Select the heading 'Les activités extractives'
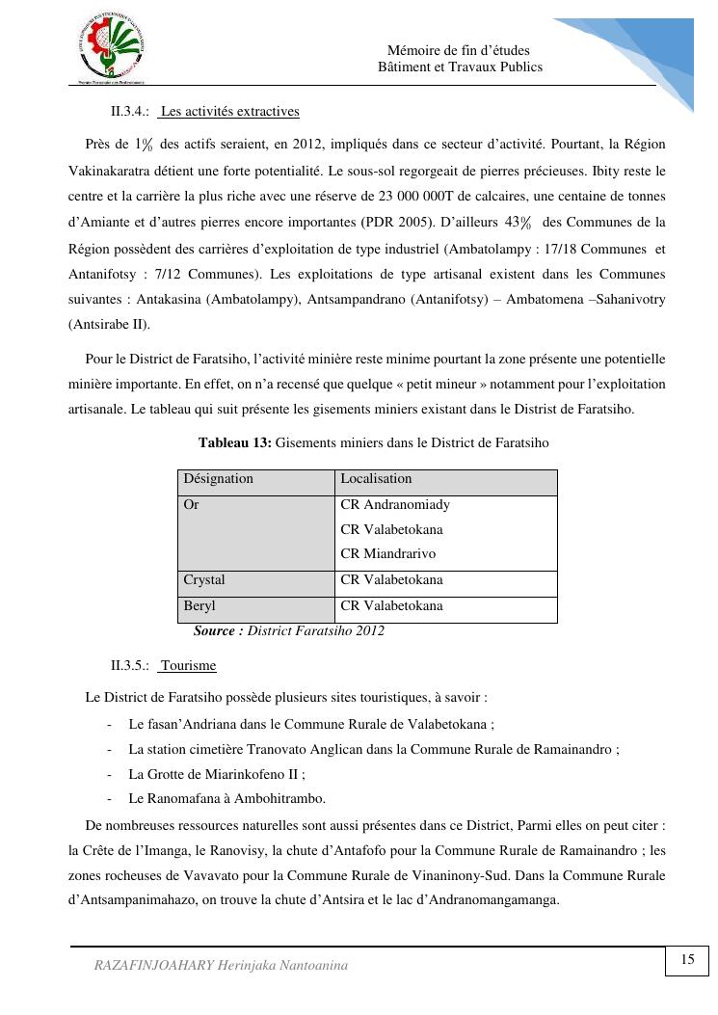click(229, 112)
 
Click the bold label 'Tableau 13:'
click(235, 443)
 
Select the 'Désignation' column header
click(218, 479)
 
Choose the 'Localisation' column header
click(376, 479)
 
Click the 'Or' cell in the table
click(192, 505)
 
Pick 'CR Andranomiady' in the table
click(395, 505)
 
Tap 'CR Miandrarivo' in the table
click(387, 554)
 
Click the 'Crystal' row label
click(204, 580)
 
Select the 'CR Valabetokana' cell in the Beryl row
click(391, 606)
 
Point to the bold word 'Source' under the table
click(218, 631)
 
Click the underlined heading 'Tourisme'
click(188, 666)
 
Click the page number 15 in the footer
click(687, 960)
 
